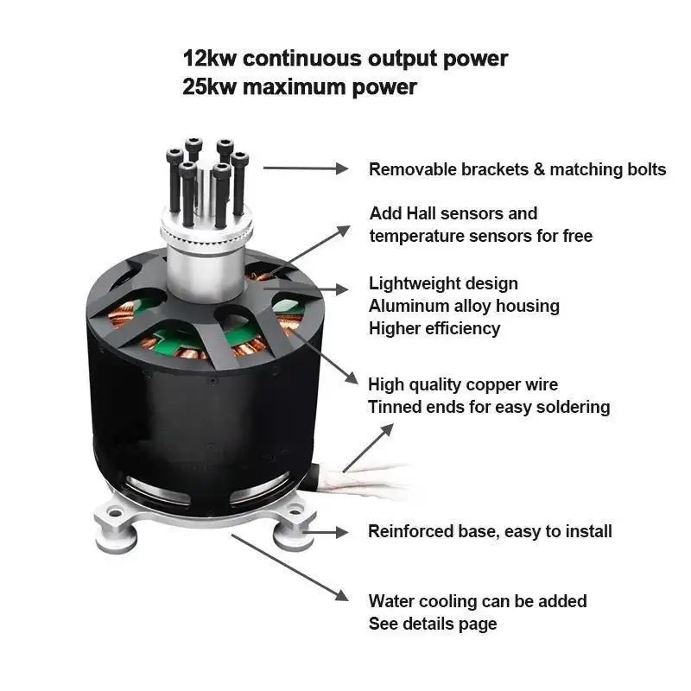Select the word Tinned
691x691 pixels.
394,407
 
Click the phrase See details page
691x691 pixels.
432,624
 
